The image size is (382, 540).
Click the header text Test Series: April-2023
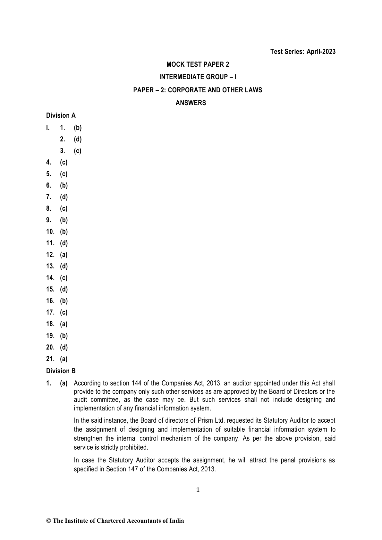coord(303,52)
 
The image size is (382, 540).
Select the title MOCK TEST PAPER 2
coord(198,64)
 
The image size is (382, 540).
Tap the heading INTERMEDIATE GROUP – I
coord(198,77)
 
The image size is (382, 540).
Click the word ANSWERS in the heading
coord(191,103)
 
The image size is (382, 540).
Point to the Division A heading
coord(61,115)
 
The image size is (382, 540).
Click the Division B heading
coord(61,371)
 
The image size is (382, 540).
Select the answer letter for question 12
coord(64,255)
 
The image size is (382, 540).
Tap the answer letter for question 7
coord(64,197)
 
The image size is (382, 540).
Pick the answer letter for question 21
coord(64,359)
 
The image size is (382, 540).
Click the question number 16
coord(50,301)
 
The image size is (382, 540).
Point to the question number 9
coord(48,220)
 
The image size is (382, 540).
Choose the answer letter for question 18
coord(64,324)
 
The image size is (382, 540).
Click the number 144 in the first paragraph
coord(135,383)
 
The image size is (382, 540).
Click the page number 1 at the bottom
coord(198,490)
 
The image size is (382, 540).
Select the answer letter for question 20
coord(64,347)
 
